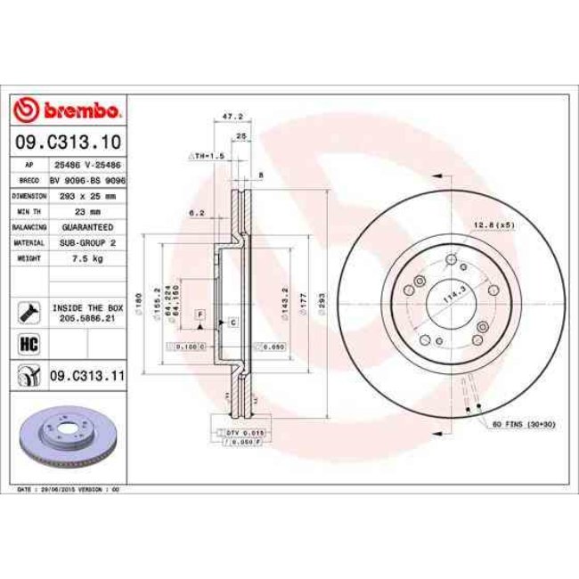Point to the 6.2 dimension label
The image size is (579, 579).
tap(197, 213)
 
